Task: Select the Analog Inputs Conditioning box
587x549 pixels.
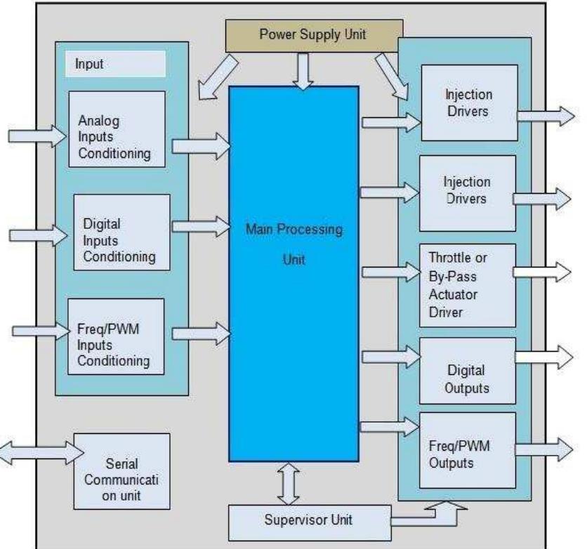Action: click(117, 129)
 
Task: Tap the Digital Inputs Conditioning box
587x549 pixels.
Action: click(122, 232)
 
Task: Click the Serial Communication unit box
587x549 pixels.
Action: click(121, 471)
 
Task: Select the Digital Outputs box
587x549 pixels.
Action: click(467, 371)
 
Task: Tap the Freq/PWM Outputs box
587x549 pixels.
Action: click(467, 451)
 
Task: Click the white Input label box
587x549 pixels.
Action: click(117, 65)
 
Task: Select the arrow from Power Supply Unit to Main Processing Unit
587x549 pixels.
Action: click(303, 71)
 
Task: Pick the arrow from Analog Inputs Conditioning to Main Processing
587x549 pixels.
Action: click(200, 146)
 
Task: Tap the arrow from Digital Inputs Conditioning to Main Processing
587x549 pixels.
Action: click(200, 225)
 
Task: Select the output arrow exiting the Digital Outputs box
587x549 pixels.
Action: click(544, 356)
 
